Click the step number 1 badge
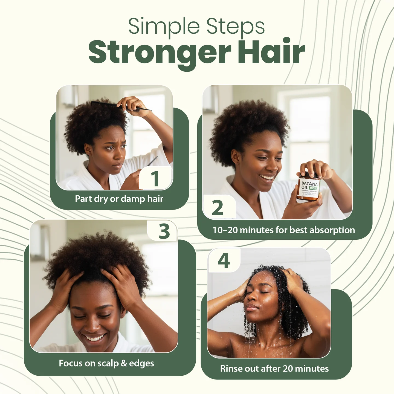[x=155, y=179]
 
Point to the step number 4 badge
[x=224, y=261]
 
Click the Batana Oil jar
[x=309, y=188]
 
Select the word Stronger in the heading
[x=160, y=53]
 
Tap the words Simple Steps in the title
[x=196, y=27]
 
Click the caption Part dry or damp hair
[x=119, y=199]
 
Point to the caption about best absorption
[x=283, y=230]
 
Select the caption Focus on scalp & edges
[x=106, y=363]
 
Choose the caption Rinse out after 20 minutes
[x=274, y=369]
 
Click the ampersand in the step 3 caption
[x=124, y=363]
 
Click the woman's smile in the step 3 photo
[x=95, y=338]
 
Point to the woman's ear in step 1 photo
[x=88, y=149]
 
